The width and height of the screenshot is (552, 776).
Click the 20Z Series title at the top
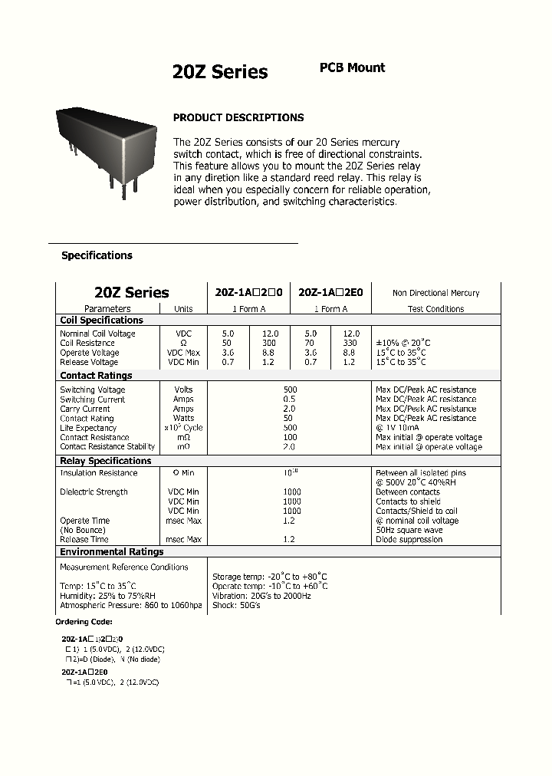pyautogui.click(x=220, y=72)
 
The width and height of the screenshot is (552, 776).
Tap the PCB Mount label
pyautogui.click(x=352, y=67)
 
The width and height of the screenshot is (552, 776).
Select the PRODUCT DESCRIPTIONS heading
pyautogui.click(x=238, y=117)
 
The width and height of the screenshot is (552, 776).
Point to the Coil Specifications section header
pyautogui.click(x=101, y=320)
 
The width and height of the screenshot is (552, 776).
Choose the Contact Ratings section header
pyautogui.click(x=96, y=376)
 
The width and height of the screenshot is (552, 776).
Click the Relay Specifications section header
pyautogui.click(x=106, y=461)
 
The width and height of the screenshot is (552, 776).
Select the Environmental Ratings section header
pyautogui.click(x=112, y=551)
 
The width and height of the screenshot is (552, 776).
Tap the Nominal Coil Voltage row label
pyautogui.click(x=97, y=334)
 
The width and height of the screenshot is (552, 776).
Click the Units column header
pyautogui.click(x=183, y=309)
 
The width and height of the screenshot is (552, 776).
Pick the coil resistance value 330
pyautogui.click(x=350, y=344)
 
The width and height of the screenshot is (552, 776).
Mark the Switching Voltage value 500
pyautogui.click(x=290, y=390)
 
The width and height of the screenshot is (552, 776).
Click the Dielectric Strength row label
pyautogui.click(x=94, y=492)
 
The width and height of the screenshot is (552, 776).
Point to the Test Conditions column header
pyautogui.click(x=435, y=309)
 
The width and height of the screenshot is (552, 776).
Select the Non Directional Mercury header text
pyautogui.click(x=435, y=293)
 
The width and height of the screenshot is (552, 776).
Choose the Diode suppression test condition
pyautogui.click(x=409, y=539)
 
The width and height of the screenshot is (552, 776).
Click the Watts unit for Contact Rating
pyautogui.click(x=183, y=418)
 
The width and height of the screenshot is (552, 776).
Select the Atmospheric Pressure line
pyautogui.click(x=131, y=605)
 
